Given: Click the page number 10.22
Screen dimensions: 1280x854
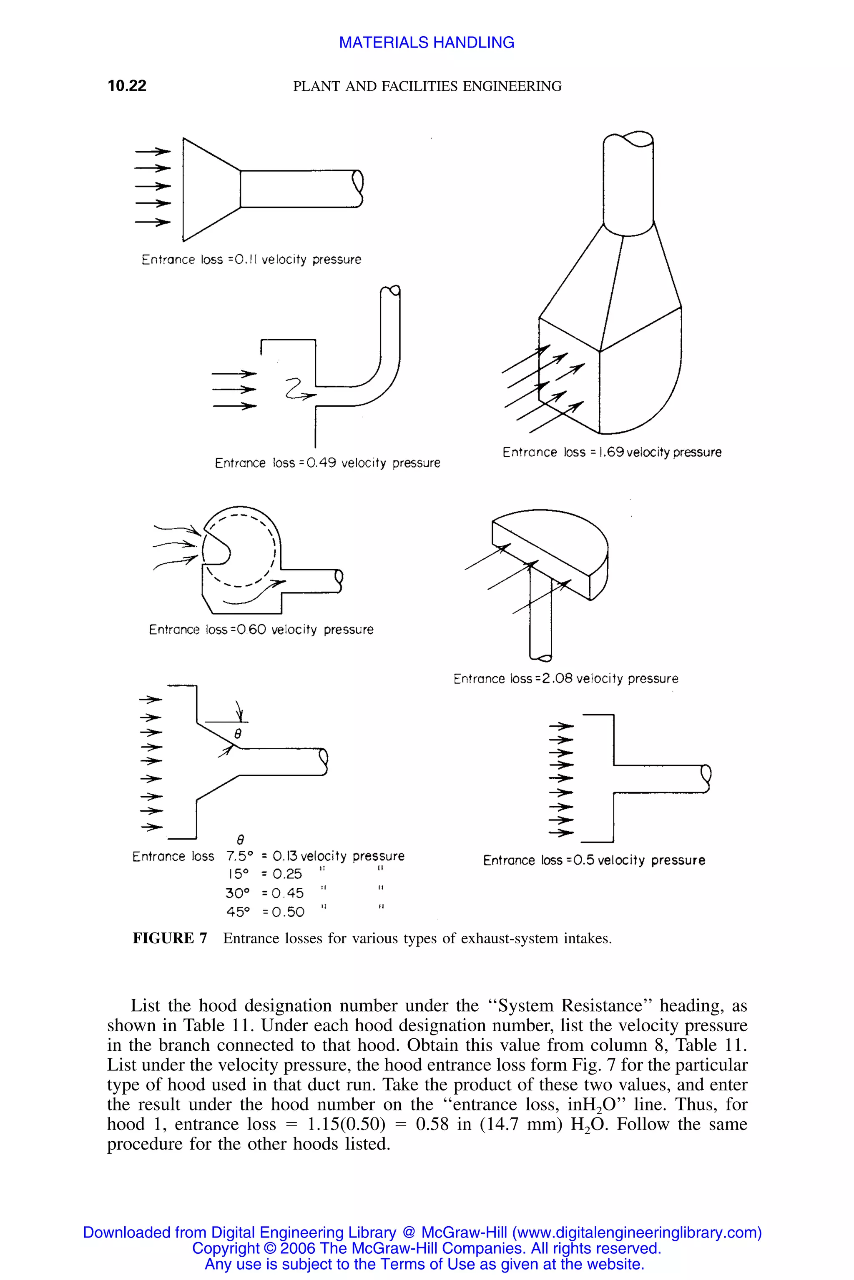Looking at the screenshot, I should point(127,85).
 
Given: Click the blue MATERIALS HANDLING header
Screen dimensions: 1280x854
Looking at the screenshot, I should point(427,42).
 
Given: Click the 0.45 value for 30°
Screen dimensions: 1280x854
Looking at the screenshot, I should point(287,893).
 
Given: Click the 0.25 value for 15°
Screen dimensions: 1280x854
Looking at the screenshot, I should point(287,874).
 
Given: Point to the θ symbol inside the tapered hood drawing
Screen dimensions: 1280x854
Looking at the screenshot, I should point(237,734).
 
